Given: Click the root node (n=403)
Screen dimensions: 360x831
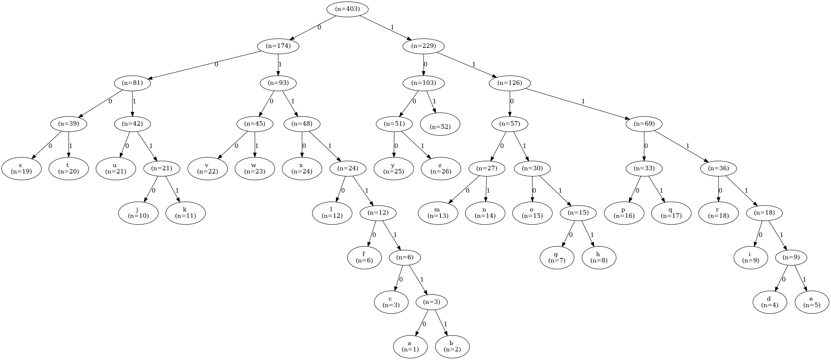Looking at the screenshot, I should click(x=347, y=9).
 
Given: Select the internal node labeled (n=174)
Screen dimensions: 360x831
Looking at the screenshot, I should click(x=278, y=46).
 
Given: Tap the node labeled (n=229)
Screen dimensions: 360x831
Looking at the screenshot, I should click(x=424, y=46).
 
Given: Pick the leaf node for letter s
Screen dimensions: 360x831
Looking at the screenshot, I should click(x=21, y=168).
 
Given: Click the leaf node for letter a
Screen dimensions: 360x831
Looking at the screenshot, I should click(x=410, y=347).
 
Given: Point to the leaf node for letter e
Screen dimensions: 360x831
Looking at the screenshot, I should click(x=812, y=302).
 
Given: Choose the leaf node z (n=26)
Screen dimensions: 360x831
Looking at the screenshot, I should click(x=441, y=168).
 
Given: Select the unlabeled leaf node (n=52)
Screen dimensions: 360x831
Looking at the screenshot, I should click(x=440, y=124).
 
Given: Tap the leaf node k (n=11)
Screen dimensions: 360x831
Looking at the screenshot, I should click(x=186, y=213).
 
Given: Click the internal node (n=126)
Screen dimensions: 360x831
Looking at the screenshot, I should click(x=510, y=83).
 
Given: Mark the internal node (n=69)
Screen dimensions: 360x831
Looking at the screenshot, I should click(x=644, y=124).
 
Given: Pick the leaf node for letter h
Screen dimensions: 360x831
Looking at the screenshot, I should click(x=599, y=257).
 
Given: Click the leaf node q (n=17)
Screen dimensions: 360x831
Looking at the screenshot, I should click(x=671, y=213).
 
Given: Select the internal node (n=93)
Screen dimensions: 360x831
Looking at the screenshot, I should click(x=278, y=83).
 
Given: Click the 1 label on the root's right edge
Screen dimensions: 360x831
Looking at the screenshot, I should click(x=392, y=27).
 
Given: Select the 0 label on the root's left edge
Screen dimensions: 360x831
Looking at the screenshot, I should click(x=319, y=27).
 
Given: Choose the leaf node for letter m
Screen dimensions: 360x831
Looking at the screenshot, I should click(x=438, y=213).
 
